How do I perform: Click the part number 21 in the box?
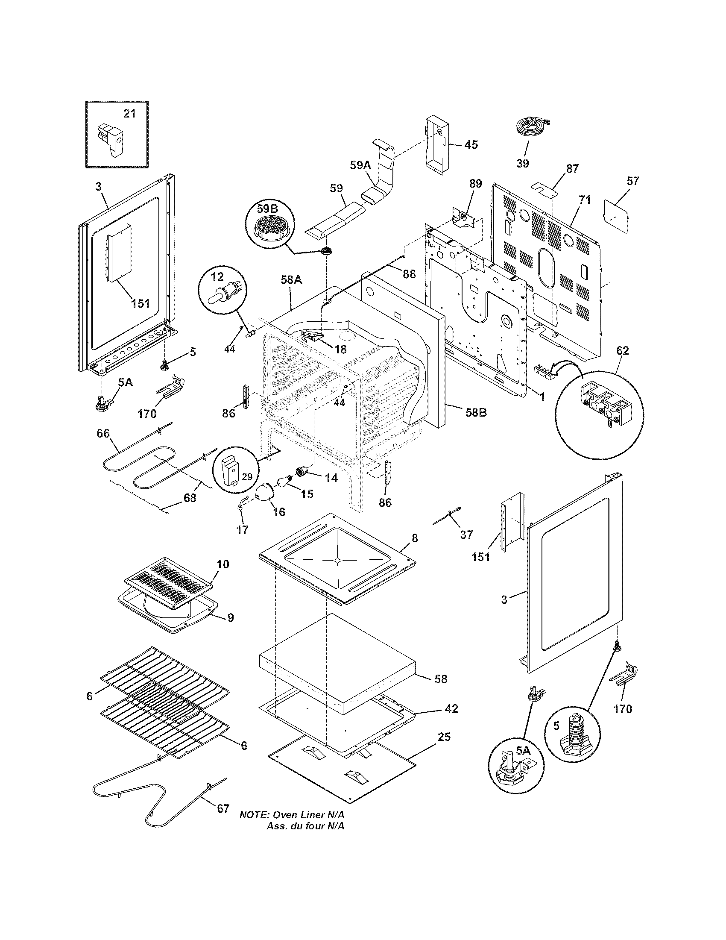click(129, 113)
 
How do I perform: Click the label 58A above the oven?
click(291, 280)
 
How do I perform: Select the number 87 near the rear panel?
click(572, 169)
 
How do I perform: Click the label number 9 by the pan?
click(231, 618)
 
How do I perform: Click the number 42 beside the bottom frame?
click(451, 708)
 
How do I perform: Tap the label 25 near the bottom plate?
click(444, 737)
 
